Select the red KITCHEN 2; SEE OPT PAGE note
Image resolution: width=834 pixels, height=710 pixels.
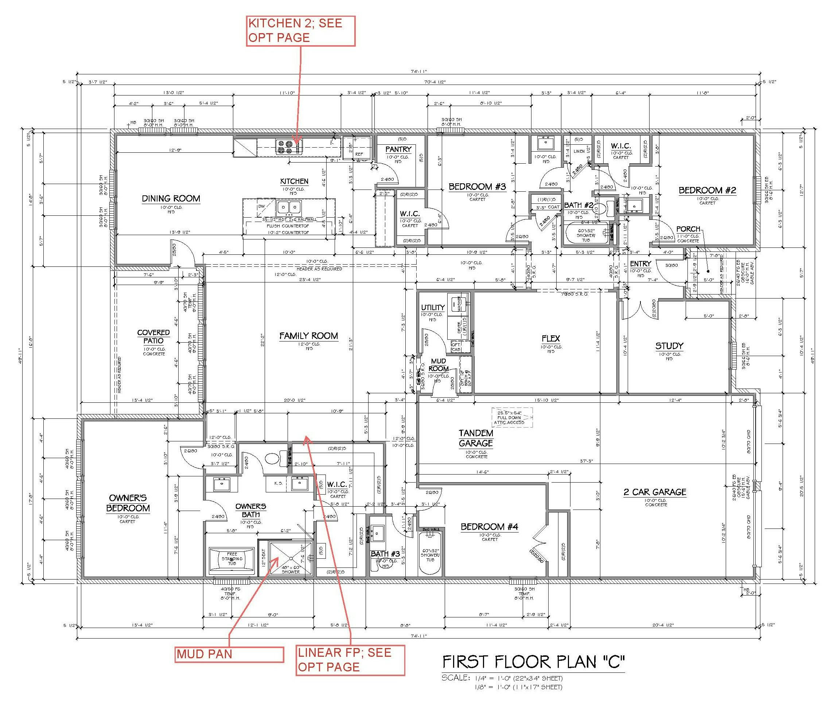click(300, 31)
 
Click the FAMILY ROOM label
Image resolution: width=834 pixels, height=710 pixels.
click(308, 336)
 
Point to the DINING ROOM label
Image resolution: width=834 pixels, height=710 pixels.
click(171, 198)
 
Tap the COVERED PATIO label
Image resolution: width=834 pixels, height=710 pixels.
click(153, 336)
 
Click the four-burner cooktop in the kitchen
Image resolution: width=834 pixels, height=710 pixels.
click(284, 147)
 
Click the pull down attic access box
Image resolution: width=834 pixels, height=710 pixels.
click(512, 417)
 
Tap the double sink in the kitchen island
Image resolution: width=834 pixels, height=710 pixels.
click(289, 208)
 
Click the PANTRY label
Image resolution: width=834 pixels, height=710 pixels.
click(398, 149)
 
